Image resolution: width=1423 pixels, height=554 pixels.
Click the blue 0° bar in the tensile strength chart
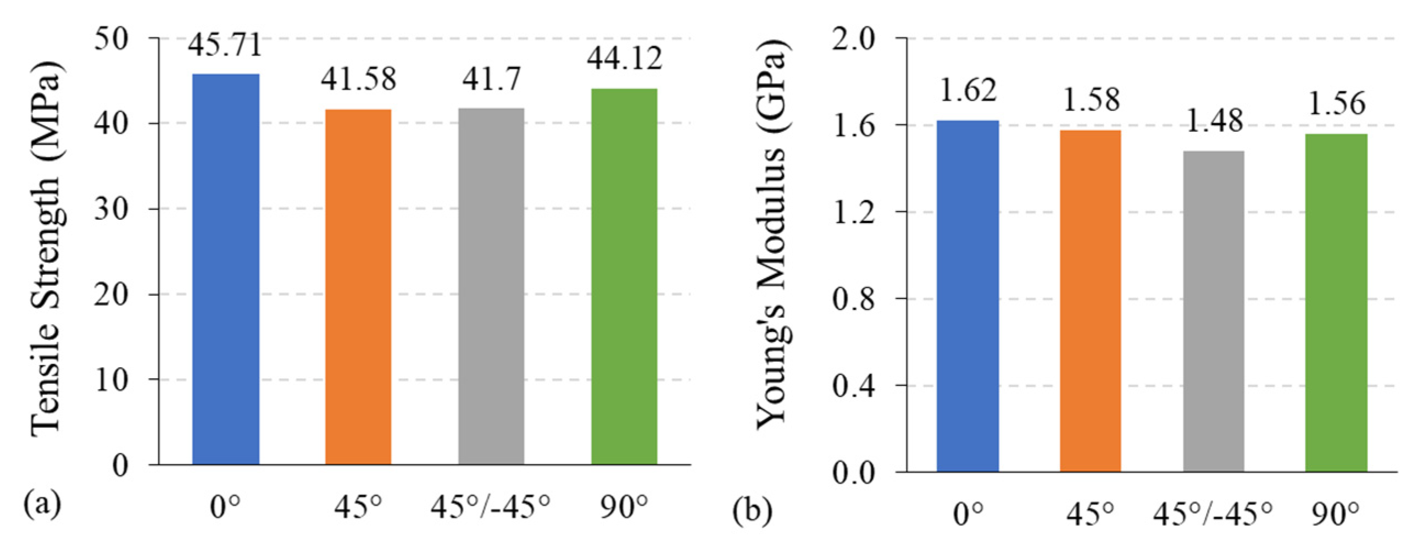(x=225, y=269)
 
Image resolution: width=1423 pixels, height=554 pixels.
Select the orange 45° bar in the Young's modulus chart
(x=1090, y=301)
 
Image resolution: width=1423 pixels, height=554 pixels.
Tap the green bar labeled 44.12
(x=624, y=276)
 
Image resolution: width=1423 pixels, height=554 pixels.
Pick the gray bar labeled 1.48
(x=1214, y=311)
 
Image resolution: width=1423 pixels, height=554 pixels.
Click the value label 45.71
(x=225, y=45)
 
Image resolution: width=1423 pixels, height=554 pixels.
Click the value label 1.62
(x=968, y=90)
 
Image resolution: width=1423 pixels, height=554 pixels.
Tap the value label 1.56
(x=1336, y=104)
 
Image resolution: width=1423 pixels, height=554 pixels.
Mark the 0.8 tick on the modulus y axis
(x=854, y=299)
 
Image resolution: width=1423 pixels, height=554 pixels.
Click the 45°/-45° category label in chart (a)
(x=491, y=507)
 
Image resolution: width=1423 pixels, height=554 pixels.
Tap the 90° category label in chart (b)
(x=1335, y=514)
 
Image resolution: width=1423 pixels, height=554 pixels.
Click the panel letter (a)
(x=42, y=504)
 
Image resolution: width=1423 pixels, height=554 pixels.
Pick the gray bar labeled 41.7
(x=491, y=286)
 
